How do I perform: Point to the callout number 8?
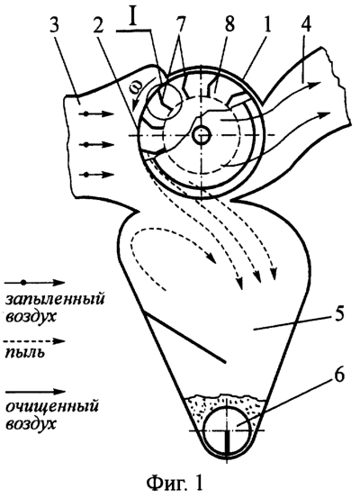[229, 23]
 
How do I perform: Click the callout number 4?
[304, 23]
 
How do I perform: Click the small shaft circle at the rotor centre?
[202, 136]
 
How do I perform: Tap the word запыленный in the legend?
[55, 300]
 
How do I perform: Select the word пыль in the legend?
[24, 353]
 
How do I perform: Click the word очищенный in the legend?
[51, 407]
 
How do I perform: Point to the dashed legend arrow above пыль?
[35, 341]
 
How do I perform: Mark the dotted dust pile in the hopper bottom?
[226, 406]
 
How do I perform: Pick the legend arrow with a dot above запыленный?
[35, 283]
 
